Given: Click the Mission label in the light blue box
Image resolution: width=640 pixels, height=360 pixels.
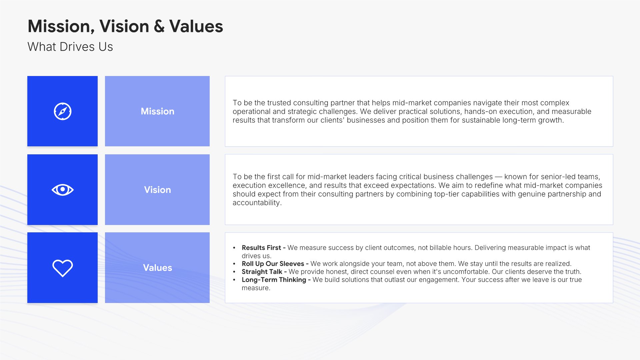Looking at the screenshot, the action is [x=157, y=111].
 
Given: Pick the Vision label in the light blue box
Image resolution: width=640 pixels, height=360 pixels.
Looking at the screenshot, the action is [x=157, y=190].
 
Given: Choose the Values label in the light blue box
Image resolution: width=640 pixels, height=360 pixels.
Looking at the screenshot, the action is [x=157, y=268].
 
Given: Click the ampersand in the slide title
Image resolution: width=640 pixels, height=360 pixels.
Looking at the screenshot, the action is [x=159, y=26].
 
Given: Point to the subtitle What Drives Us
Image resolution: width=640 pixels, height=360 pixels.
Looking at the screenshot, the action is [x=70, y=47].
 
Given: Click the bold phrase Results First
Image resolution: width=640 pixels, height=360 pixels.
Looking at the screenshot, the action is [x=261, y=248].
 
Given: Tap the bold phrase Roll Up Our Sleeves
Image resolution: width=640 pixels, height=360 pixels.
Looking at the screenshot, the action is [x=273, y=264].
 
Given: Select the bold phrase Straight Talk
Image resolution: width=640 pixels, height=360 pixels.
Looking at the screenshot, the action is [x=262, y=272].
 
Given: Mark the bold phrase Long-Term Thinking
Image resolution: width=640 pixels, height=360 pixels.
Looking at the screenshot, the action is [x=274, y=280].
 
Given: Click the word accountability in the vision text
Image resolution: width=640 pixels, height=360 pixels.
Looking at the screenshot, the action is [x=256, y=203].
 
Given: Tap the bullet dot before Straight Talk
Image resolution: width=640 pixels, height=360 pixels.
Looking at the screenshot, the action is [x=234, y=272].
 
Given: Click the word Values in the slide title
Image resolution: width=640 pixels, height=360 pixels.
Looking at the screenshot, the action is [x=196, y=26].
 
